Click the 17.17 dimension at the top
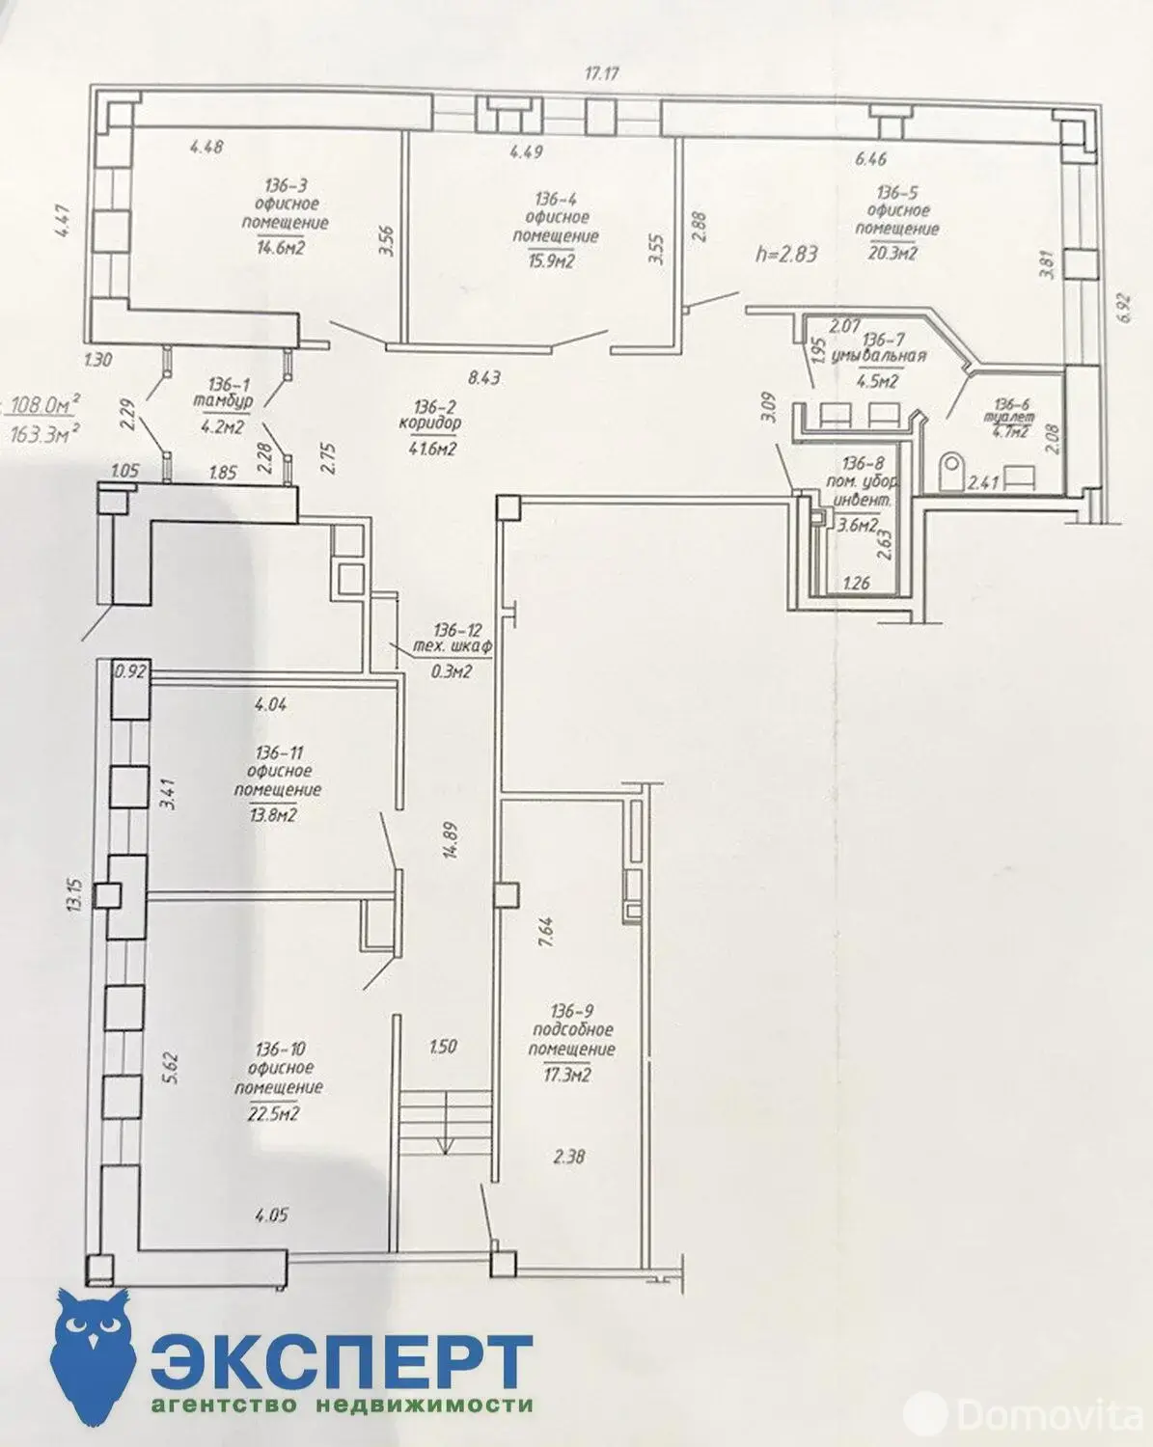click(600, 72)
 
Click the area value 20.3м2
click(892, 254)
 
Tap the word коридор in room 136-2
click(429, 423)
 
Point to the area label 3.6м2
click(858, 526)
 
